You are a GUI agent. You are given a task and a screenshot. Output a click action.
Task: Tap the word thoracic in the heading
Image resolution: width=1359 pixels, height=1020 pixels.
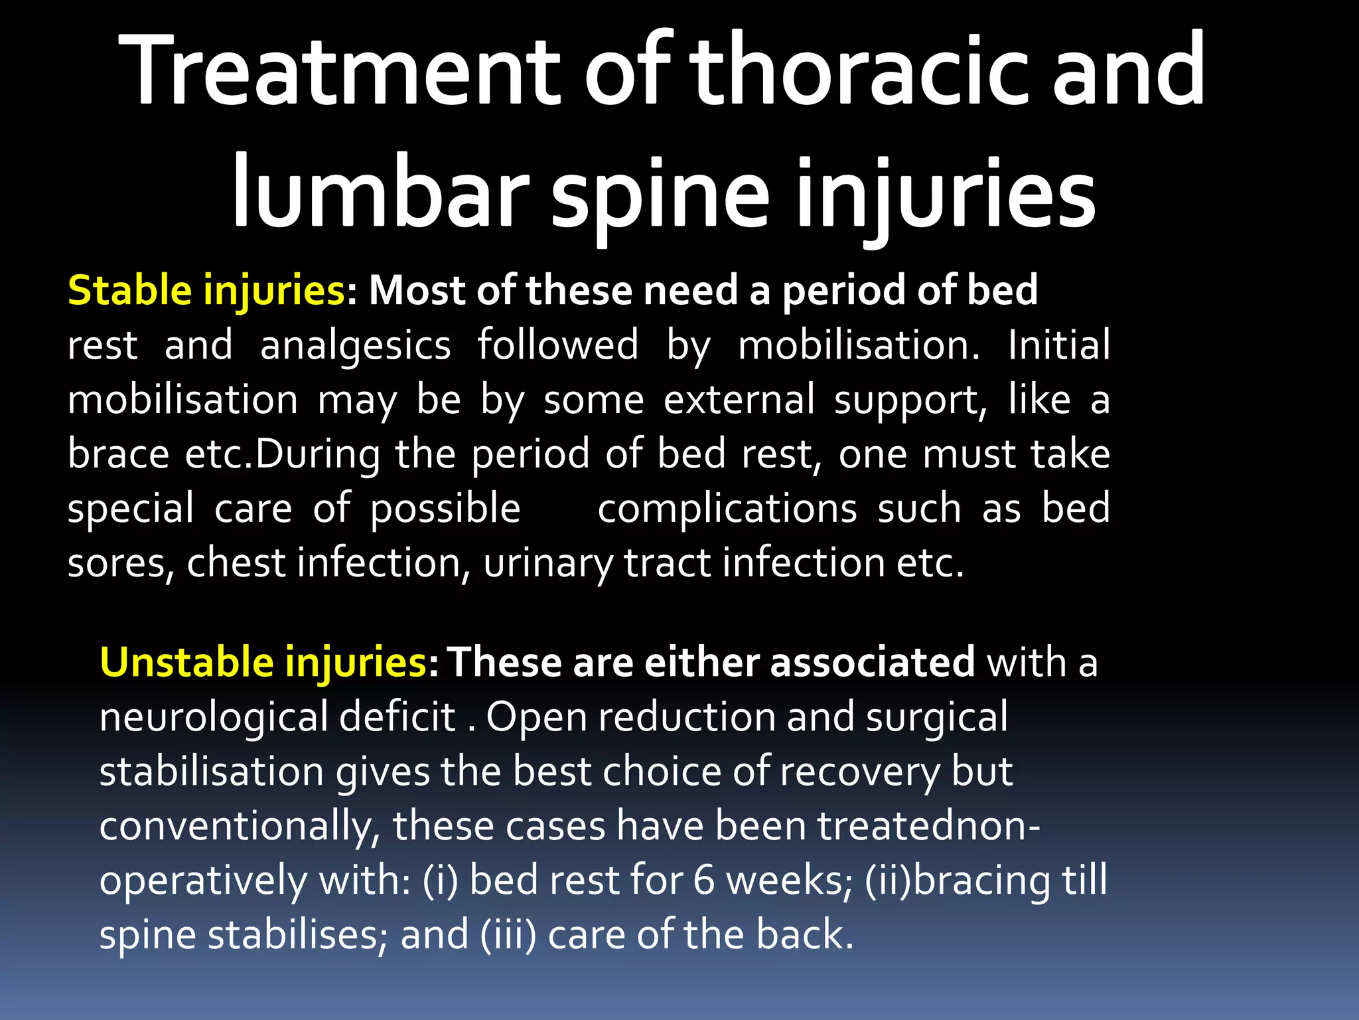[859, 71]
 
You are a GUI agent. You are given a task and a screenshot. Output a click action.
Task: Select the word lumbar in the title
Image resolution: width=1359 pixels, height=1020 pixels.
[379, 193]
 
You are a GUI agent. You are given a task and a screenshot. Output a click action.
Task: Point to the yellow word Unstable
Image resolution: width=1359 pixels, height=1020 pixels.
[185, 663]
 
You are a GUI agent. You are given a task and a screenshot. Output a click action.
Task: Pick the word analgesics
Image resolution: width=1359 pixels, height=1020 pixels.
[356, 346]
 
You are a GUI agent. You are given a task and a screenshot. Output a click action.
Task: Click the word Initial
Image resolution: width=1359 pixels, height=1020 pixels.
[1058, 345]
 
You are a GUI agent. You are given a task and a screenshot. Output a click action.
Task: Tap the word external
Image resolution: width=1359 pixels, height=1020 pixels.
[739, 400]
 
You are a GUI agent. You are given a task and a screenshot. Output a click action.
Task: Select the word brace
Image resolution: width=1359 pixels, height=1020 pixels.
[119, 454]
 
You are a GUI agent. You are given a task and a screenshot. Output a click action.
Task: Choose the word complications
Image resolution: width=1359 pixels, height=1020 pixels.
[727, 509]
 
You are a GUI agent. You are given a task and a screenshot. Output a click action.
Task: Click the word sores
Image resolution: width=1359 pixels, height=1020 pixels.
[120, 564]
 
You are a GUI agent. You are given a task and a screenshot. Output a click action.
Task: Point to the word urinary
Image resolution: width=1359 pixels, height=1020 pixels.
[548, 564]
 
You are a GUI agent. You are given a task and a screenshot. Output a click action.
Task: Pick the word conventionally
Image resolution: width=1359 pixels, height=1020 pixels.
[239, 827]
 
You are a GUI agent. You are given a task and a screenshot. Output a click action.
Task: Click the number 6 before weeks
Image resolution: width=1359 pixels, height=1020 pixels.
[704, 881]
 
